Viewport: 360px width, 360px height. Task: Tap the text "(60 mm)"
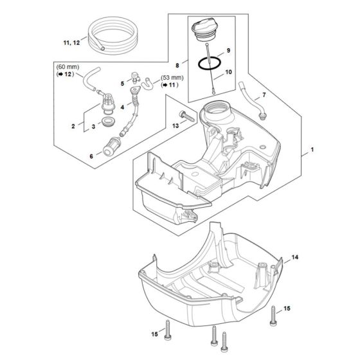[68, 67]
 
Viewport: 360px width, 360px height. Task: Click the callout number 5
[120, 83]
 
